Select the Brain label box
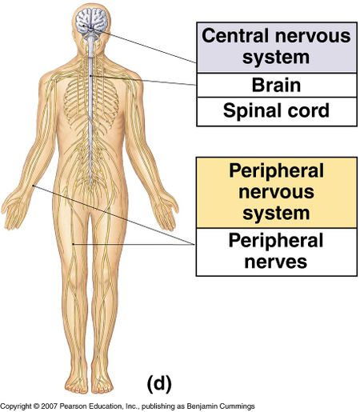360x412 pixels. [x=277, y=85]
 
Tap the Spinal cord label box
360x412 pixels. [x=277, y=111]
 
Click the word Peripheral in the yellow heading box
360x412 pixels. [x=276, y=171]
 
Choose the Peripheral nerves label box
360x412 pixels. [x=277, y=252]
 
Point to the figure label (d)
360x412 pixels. [x=159, y=383]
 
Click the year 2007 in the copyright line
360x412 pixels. [x=49, y=406]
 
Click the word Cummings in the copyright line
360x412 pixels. [x=240, y=406]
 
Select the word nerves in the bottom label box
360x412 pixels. [x=276, y=262]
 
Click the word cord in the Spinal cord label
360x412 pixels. [x=310, y=111]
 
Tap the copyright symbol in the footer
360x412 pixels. [x=36, y=406]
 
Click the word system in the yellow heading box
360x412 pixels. [x=276, y=214]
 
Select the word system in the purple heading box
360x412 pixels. [x=276, y=58]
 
